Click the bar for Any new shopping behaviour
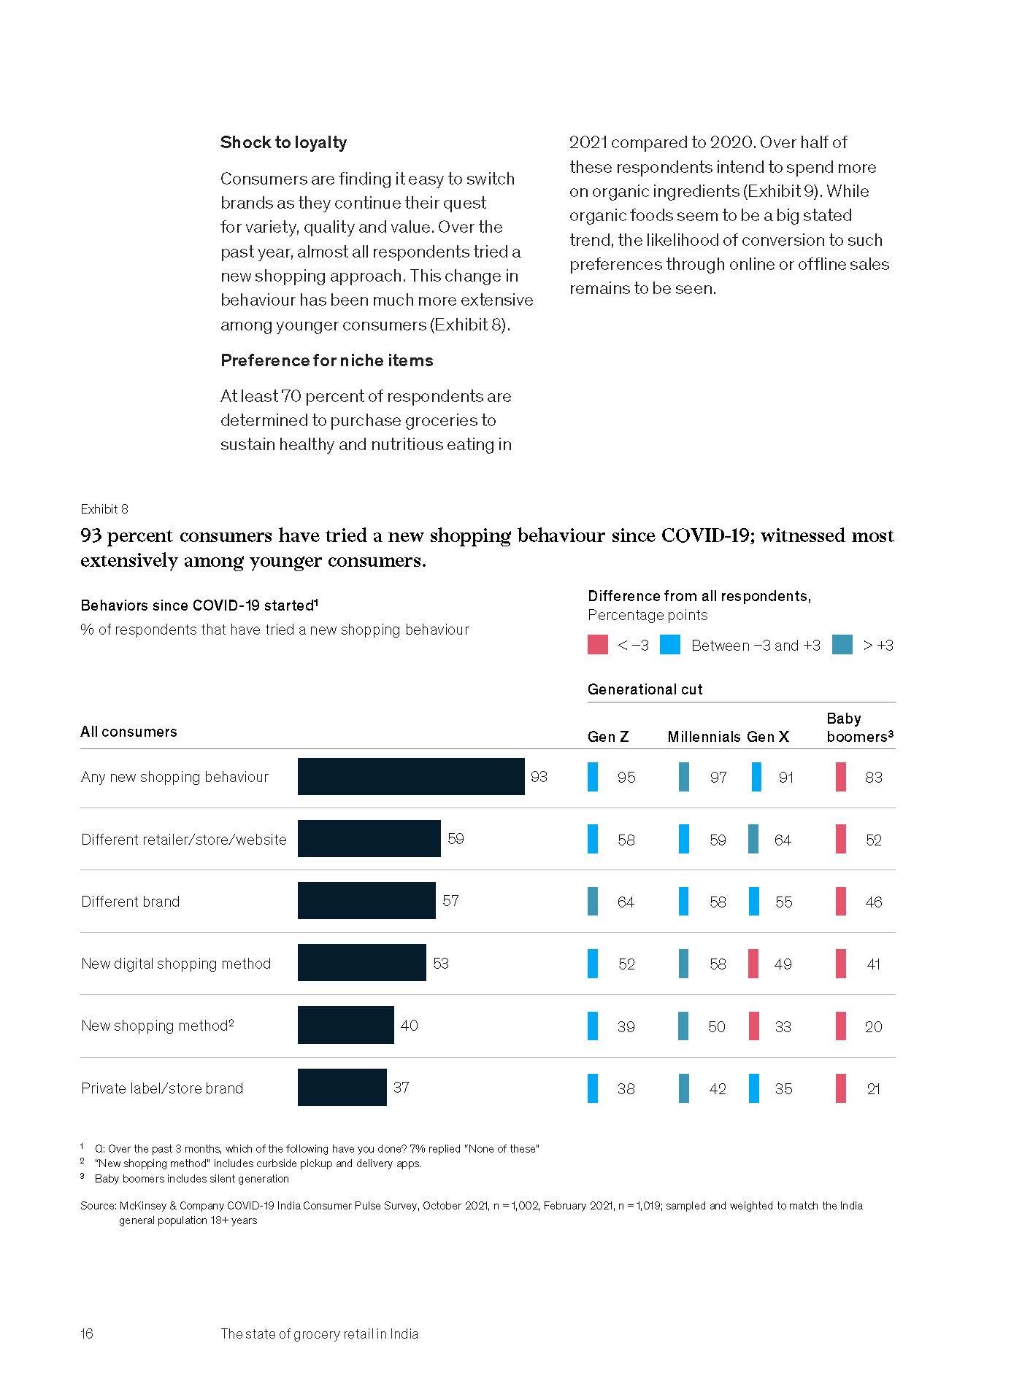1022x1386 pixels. (x=411, y=776)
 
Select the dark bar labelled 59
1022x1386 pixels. (x=369, y=839)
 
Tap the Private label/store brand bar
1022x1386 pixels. (x=342, y=1087)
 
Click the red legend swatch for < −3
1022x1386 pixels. (x=597, y=645)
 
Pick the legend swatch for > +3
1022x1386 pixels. (x=842, y=645)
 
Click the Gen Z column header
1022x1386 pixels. (x=608, y=737)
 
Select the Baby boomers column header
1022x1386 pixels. (x=859, y=727)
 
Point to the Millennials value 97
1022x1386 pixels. (x=718, y=778)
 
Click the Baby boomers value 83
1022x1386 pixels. (x=873, y=778)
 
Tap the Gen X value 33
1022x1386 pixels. (x=783, y=1027)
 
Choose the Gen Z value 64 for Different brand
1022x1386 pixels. (x=626, y=902)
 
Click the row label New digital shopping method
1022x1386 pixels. (x=176, y=964)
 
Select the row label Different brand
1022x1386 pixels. (x=131, y=902)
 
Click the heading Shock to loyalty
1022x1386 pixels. (x=283, y=142)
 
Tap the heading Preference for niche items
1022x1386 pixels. (x=326, y=360)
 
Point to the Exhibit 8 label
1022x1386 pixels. (x=104, y=509)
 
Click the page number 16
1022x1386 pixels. (x=87, y=1333)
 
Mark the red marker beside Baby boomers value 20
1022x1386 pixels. (x=841, y=1026)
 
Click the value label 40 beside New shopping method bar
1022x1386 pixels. (x=409, y=1026)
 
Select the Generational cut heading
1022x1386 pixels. (x=645, y=689)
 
